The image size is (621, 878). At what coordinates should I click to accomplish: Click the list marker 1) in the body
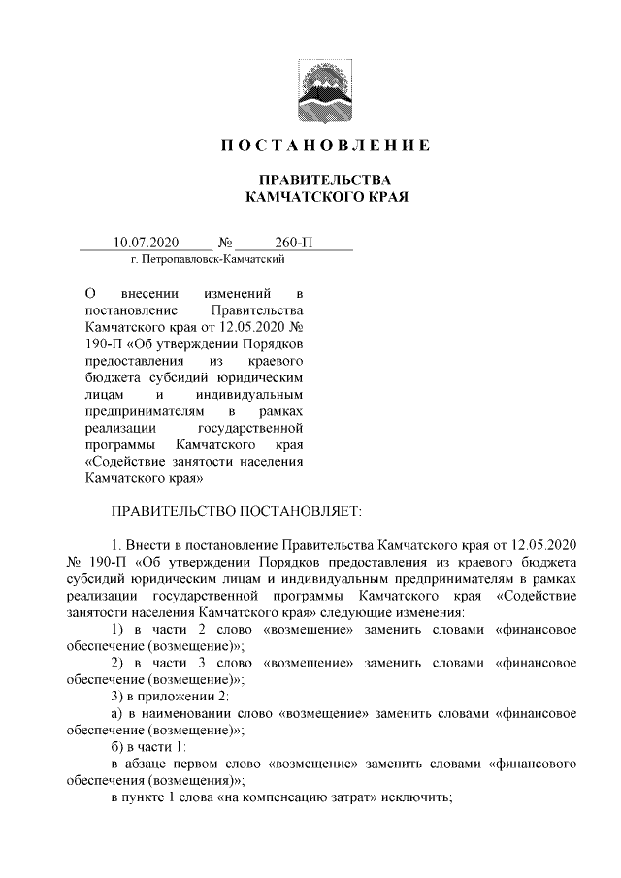click(116, 630)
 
